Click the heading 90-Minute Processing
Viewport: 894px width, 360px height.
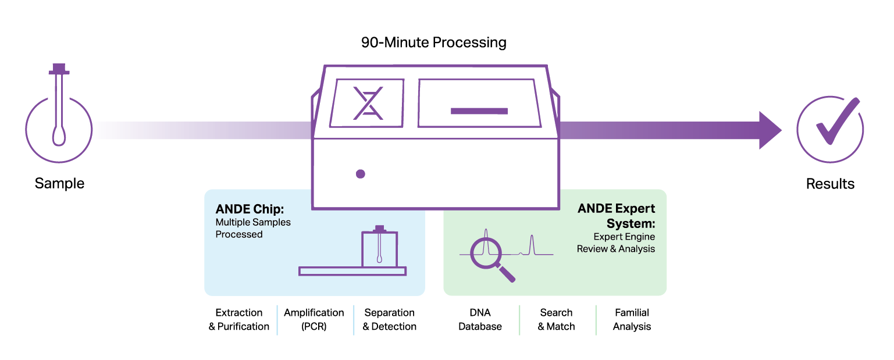[433, 42]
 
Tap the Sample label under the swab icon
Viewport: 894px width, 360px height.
[59, 184]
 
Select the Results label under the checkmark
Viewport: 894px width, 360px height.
[830, 184]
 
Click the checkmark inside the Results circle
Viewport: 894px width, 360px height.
[836, 123]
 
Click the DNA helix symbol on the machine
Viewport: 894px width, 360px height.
[368, 104]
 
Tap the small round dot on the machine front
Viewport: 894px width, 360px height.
[360, 173]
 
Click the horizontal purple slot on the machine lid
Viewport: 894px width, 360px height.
[479, 111]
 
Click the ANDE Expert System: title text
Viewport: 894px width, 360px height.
[617, 216]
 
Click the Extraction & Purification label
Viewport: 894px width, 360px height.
[239, 320]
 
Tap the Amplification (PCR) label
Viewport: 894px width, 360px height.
[314, 320]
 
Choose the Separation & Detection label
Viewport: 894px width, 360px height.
[390, 320]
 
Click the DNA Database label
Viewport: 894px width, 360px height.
[480, 320]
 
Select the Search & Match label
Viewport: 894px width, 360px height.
[556, 320]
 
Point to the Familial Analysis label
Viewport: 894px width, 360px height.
[632, 320]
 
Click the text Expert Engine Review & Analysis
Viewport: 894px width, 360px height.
[616, 243]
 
